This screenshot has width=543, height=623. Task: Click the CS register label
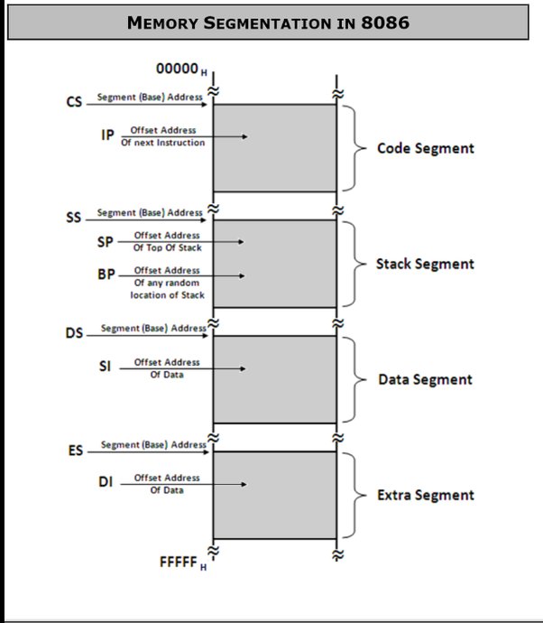pyautogui.click(x=73, y=103)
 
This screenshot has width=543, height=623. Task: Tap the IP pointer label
pyautogui.click(x=107, y=135)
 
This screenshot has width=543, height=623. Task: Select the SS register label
pyautogui.click(x=74, y=219)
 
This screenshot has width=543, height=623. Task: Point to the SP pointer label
pyautogui.click(x=106, y=242)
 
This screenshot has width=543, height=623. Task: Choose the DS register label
pyautogui.click(x=74, y=333)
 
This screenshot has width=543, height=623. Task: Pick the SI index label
pyautogui.click(x=104, y=367)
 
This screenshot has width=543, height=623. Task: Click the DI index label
pyautogui.click(x=106, y=483)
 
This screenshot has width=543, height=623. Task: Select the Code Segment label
pyautogui.click(x=425, y=148)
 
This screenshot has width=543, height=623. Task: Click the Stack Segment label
pyautogui.click(x=425, y=264)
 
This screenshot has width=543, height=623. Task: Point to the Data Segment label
pyautogui.click(x=425, y=379)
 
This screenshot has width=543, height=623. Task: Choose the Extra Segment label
pyautogui.click(x=425, y=495)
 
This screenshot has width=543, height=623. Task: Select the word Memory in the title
pyautogui.click(x=163, y=23)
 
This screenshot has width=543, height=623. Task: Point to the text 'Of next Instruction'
pyautogui.click(x=163, y=143)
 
